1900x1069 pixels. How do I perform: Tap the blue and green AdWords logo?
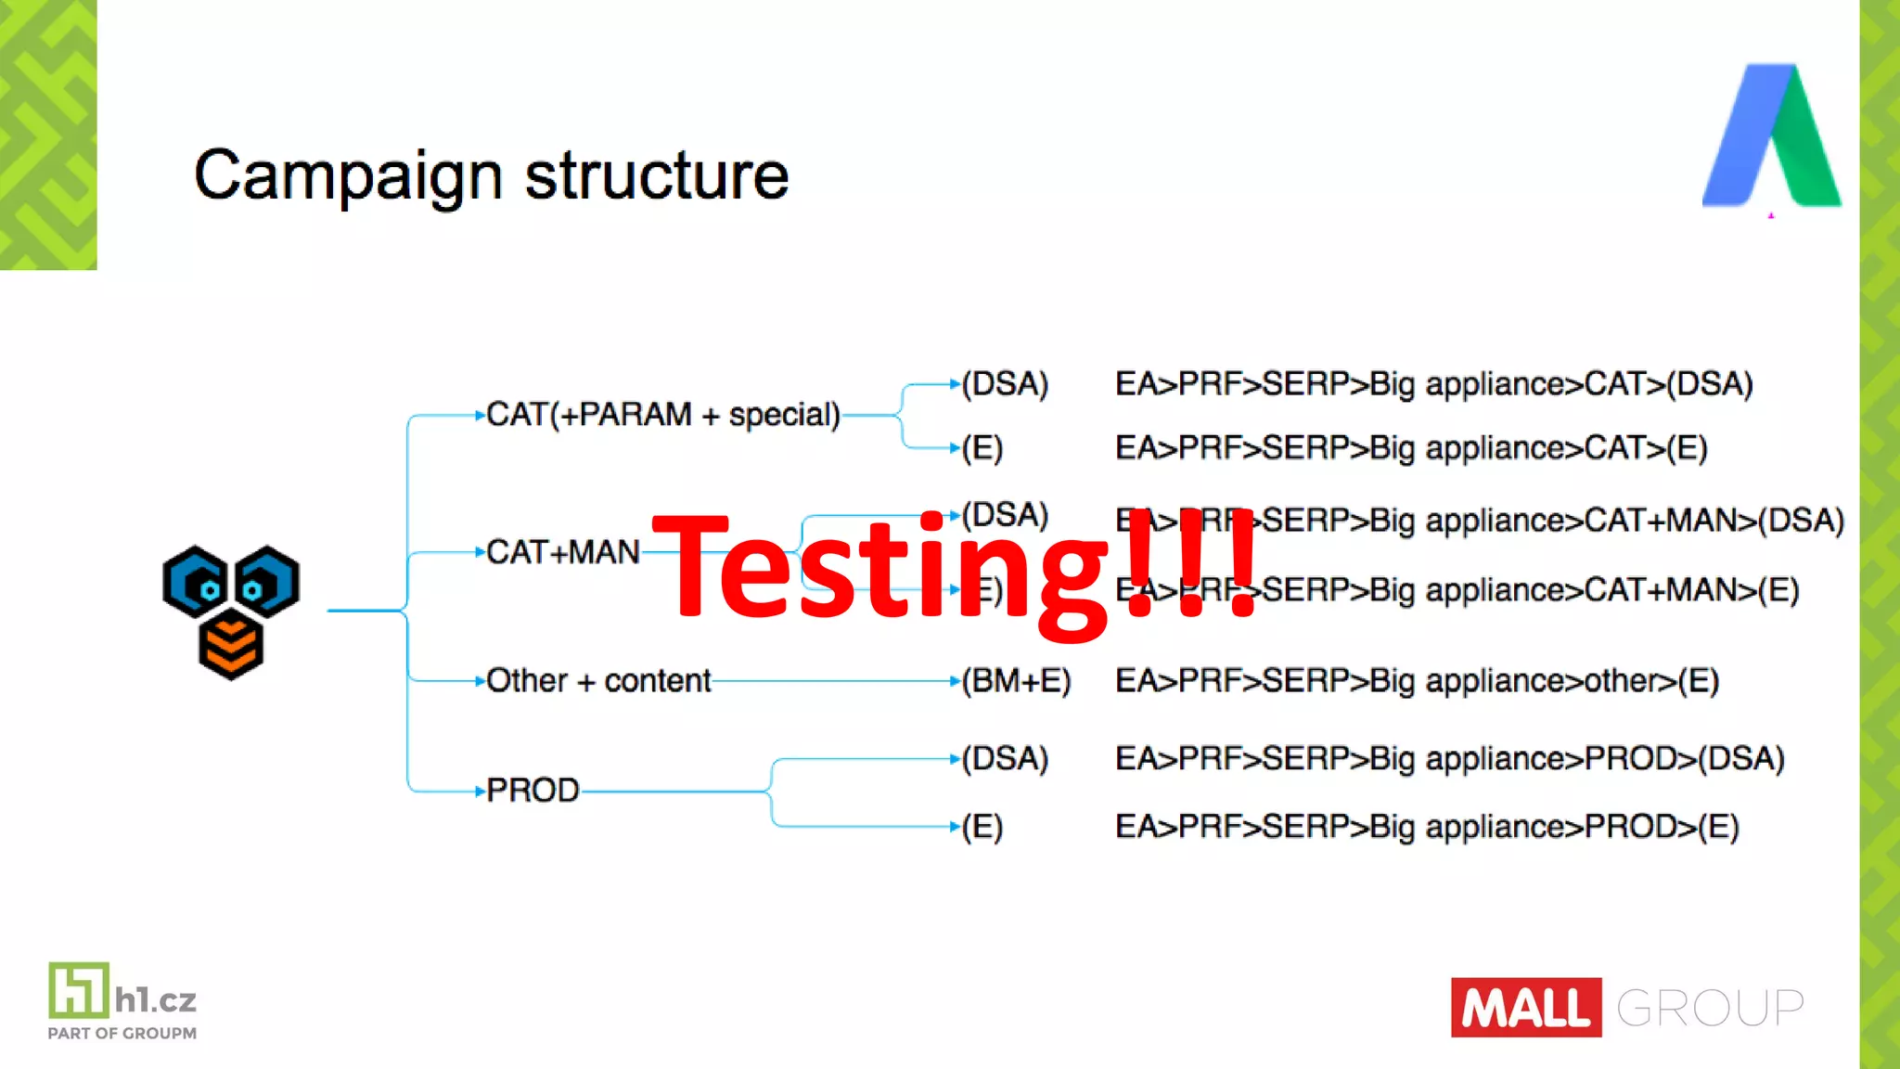(1771, 135)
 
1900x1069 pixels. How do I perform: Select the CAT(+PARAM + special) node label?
(662, 414)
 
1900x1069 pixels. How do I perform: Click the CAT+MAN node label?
(562, 552)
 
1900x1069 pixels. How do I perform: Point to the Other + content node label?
(597, 680)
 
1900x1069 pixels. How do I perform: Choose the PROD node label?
(533, 791)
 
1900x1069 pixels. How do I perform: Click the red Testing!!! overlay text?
(956, 568)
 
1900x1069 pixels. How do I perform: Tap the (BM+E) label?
(1016, 680)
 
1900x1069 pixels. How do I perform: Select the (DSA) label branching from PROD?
(1005, 758)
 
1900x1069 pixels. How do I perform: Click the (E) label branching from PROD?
(982, 826)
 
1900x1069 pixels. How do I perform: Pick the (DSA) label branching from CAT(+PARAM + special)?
(1005, 383)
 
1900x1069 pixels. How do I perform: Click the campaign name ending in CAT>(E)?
(1410, 448)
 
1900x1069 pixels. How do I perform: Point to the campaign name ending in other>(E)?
(1417, 680)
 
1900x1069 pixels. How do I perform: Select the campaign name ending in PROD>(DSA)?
(1449, 758)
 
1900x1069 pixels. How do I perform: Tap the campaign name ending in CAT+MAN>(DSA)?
(1479, 520)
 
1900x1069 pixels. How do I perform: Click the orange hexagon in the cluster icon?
(231, 646)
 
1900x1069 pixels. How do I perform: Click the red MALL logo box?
(1526, 1007)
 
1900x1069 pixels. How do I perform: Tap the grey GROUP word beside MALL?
(1710, 1008)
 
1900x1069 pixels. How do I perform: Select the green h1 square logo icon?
(79, 989)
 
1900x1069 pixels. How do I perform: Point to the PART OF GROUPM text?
(122, 1033)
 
